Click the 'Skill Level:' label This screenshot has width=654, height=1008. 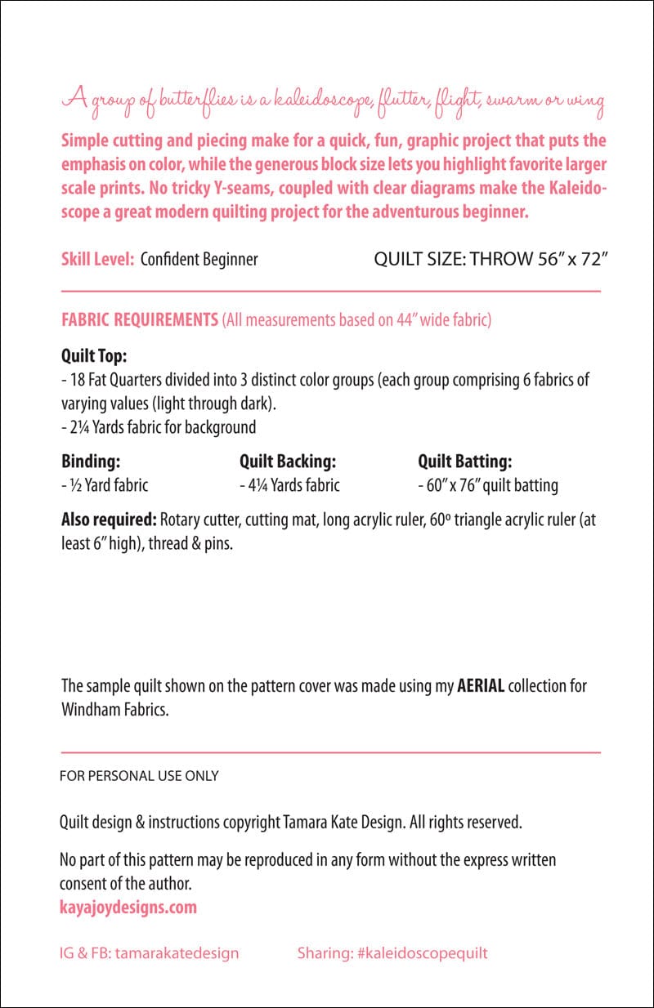[x=97, y=260]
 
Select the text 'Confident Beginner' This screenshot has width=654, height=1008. [x=199, y=260]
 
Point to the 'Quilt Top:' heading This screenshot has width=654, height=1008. [x=94, y=357]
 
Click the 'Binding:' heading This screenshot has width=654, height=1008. [x=91, y=462]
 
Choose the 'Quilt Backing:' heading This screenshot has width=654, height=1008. [x=288, y=462]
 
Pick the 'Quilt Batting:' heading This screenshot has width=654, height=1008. [x=465, y=462]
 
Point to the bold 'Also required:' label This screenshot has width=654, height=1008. [x=109, y=520]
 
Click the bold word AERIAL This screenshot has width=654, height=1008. [x=481, y=686]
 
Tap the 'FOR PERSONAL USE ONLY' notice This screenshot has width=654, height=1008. [x=139, y=776]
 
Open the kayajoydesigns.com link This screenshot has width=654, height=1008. [x=128, y=907]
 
